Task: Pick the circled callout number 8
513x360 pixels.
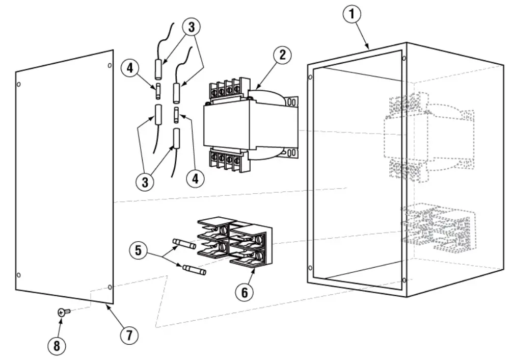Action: [57, 345]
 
